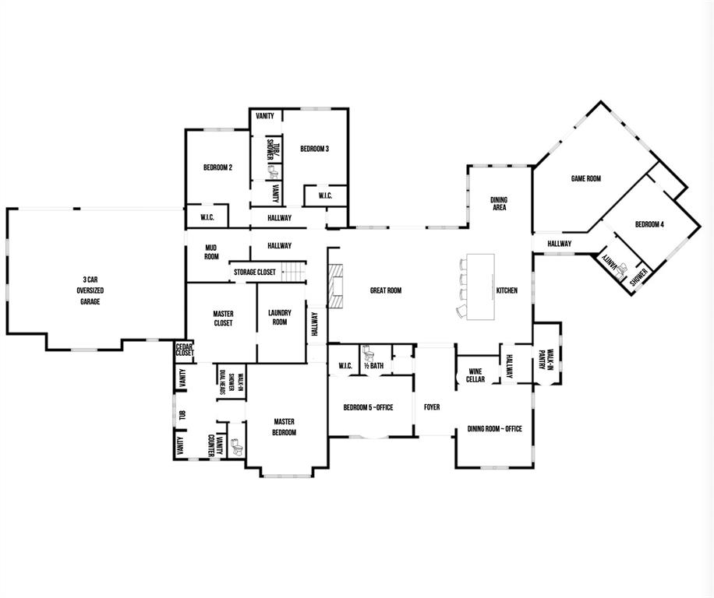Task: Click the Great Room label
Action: pos(385,290)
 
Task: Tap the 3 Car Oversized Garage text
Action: pos(90,290)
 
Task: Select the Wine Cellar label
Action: pos(475,375)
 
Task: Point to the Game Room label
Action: pos(585,179)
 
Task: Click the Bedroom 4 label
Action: pos(649,224)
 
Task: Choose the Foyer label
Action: pos(432,407)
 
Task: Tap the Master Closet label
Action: pos(223,319)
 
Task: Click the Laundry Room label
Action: pos(280,318)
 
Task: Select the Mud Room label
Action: pos(210,252)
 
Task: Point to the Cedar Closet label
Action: pos(184,350)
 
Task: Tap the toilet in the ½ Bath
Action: pos(367,352)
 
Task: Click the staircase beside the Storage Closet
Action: pos(291,272)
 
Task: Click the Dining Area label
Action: pos(498,204)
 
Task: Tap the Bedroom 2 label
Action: pos(217,167)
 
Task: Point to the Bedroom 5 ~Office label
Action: pos(368,407)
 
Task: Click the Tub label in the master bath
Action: pos(182,414)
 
